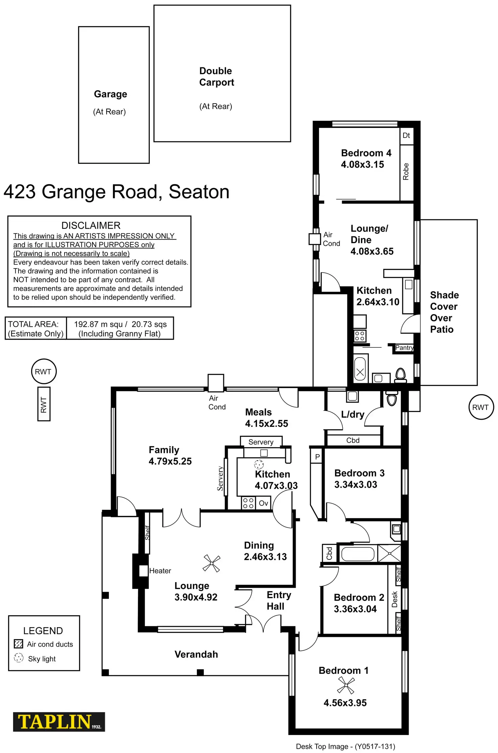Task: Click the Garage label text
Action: point(110,94)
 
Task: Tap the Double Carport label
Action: point(217,77)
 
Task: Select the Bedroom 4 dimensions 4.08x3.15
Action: point(362,165)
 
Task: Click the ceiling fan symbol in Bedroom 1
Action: point(346,686)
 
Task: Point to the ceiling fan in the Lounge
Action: point(211,563)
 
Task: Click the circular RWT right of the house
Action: point(481,407)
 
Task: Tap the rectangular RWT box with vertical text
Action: point(44,405)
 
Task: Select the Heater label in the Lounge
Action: point(160,571)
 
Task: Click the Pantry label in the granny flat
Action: point(404,348)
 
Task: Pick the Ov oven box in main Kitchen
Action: point(263,503)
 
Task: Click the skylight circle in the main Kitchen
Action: point(259,464)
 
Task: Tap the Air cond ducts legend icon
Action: point(19,644)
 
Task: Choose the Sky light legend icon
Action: point(19,658)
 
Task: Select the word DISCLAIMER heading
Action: point(91,226)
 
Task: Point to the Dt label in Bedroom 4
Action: point(406,136)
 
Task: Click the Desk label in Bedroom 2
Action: point(394,599)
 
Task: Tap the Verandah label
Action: point(196,655)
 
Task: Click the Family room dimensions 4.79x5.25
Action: point(170,461)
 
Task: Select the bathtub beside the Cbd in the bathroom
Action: point(358,554)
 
